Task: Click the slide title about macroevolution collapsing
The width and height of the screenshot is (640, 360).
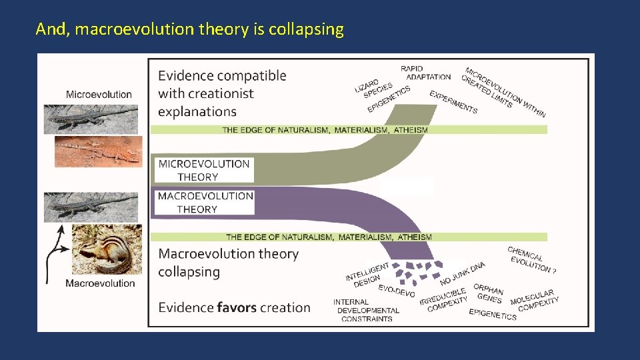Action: [x=190, y=29]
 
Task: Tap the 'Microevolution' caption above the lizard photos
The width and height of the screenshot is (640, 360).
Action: [x=99, y=95]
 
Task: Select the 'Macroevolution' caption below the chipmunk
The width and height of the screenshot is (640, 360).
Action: [x=100, y=283]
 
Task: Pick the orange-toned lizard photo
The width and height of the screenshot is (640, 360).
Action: [x=98, y=151]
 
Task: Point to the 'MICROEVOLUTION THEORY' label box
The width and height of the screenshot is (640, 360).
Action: [x=204, y=170]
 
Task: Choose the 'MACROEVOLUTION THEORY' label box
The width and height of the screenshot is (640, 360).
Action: [x=204, y=203]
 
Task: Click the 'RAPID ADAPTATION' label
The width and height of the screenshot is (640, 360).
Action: [x=425, y=73]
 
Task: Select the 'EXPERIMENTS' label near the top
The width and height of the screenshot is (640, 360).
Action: [x=453, y=102]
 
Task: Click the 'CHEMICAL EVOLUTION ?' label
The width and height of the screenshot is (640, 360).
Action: [x=531, y=260]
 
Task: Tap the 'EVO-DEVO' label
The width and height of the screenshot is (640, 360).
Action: [x=397, y=291]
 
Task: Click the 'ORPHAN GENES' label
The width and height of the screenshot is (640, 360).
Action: [x=489, y=294]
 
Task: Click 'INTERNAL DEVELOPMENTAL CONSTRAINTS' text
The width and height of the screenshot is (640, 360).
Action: [x=367, y=311]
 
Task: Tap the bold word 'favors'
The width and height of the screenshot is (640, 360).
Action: [x=239, y=307]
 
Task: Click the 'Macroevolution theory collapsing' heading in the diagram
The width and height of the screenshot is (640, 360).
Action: [x=228, y=263]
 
